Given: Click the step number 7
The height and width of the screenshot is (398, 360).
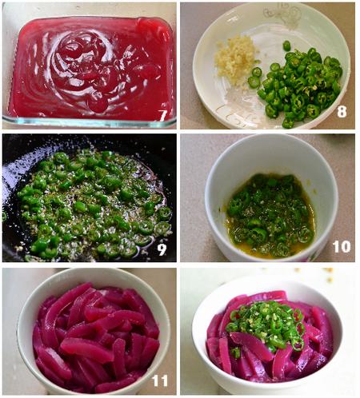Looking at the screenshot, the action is click(x=162, y=115).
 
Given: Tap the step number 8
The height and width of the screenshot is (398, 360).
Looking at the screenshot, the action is click(x=342, y=111).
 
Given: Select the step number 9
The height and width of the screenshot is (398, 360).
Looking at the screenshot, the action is click(x=162, y=249).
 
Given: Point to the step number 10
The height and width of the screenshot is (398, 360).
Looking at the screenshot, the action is click(x=342, y=247).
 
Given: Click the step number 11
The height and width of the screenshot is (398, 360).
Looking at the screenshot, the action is click(x=160, y=380).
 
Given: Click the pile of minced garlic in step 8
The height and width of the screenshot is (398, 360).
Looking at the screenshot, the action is click(x=235, y=59).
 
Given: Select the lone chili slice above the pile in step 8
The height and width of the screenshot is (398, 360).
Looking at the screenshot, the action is click(x=286, y=46).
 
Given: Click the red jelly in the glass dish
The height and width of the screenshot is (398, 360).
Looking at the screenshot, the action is click(x=90, y=69).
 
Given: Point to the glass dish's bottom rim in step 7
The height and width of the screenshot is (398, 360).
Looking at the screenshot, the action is click(x=90, y=123).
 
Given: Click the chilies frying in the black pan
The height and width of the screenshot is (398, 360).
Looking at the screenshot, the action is click(x=94, y=204).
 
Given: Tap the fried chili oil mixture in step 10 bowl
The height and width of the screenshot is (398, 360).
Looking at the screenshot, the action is click(x=270, y=216).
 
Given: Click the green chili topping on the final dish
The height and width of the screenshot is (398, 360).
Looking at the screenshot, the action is click(x=266, y=324).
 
